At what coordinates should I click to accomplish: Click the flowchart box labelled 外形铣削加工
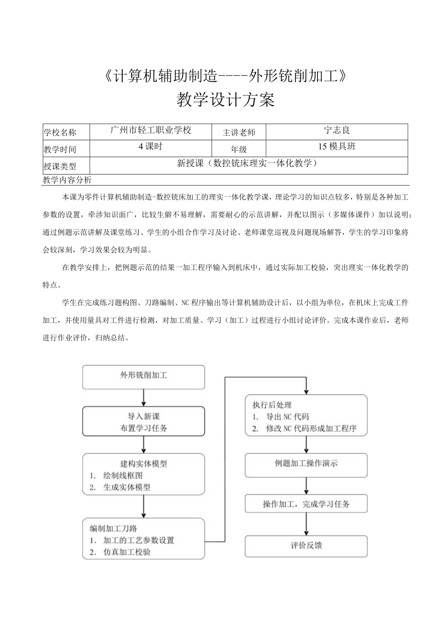[x=143, y=377]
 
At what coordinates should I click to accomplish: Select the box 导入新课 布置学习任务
[x=143, y=421]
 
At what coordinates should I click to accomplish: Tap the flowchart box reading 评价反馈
[x=306, y=546]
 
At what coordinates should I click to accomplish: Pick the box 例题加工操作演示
[x=306, y=463]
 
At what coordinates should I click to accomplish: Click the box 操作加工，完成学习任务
[x=306, y=504]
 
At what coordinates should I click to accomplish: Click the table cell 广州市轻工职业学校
[x=151, y=130]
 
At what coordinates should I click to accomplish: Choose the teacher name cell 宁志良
[x=337, y=130]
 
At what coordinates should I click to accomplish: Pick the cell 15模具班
[x=337, y=147]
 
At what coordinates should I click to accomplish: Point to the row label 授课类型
[x=60, y=166]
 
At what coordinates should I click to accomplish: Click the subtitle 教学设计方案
[x=224, y=100]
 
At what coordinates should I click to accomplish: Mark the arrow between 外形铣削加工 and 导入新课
[x=143, y=398]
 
